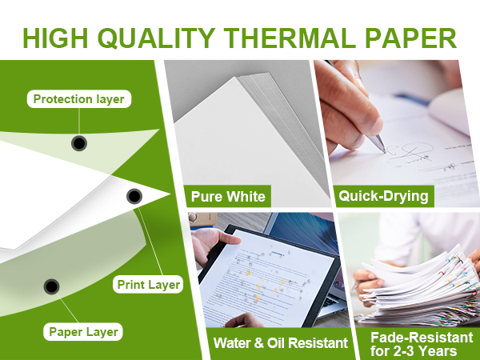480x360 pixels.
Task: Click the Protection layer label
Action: (x=78, y=100)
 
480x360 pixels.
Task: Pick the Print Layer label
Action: (x=149, y=284)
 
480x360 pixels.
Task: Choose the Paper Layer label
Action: (x=84, y=331)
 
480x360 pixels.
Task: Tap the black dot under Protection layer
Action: (x=78, y=143)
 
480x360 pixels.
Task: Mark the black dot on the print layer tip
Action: (x=134, y=196)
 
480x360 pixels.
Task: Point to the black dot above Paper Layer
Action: (x=51, y=286)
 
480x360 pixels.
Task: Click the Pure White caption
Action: (x=227, y=196)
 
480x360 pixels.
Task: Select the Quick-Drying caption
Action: (x=383, y=196)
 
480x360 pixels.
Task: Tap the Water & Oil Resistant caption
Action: (x=280, y=343)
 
